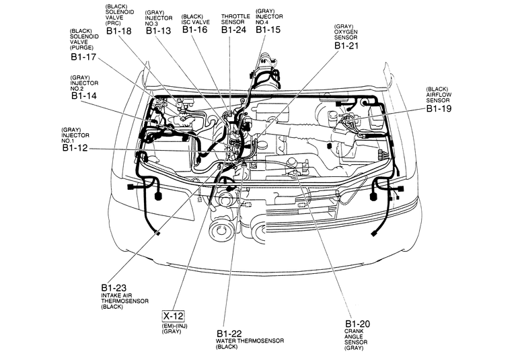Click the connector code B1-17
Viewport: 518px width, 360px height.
[83, 57]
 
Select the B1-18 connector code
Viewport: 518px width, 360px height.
[119, 31]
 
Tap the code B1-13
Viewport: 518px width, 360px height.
[159, 31]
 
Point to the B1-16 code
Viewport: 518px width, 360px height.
[195, 30]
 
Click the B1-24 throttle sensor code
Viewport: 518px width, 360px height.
[234, 30]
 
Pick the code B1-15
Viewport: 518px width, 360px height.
[268, 30]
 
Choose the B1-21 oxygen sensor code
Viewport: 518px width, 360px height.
[346, 45]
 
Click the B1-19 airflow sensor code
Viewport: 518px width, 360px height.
[439, 108]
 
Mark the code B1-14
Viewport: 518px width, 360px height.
[84, 96]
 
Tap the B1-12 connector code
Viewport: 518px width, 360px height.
[75, 148]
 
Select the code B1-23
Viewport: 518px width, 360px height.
[114, 287]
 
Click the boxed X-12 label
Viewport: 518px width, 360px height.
[173, 316]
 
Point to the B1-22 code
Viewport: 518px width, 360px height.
[229, 334]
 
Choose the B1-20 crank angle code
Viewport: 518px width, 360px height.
[357, 324]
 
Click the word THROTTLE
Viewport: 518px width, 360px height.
[235, 16]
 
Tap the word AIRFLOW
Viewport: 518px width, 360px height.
[439, 95]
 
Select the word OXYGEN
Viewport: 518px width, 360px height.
[346, 32]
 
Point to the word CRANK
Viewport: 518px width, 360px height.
[354, 331]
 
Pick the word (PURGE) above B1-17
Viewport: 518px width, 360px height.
[81, 48]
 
